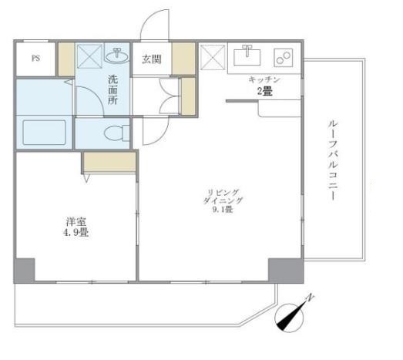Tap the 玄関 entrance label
[x=150, y=58]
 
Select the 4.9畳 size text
[x=75, y=230]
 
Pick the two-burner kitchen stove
[x=282, y=56]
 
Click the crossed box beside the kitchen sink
[x=210, y=56]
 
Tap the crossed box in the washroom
[x=90, y=56]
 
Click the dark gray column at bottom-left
[x=24, y=270]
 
